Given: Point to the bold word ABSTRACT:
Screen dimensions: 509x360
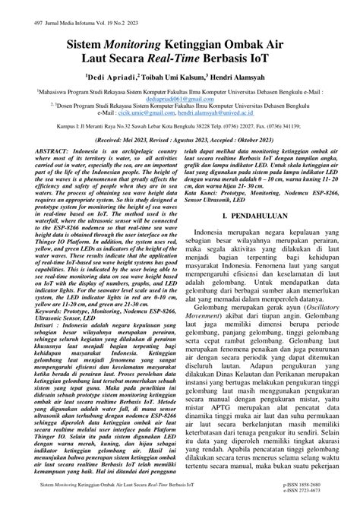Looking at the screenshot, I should (x=54, y=151).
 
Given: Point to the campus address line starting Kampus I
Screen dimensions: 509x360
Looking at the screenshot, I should (x=180, y=126).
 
